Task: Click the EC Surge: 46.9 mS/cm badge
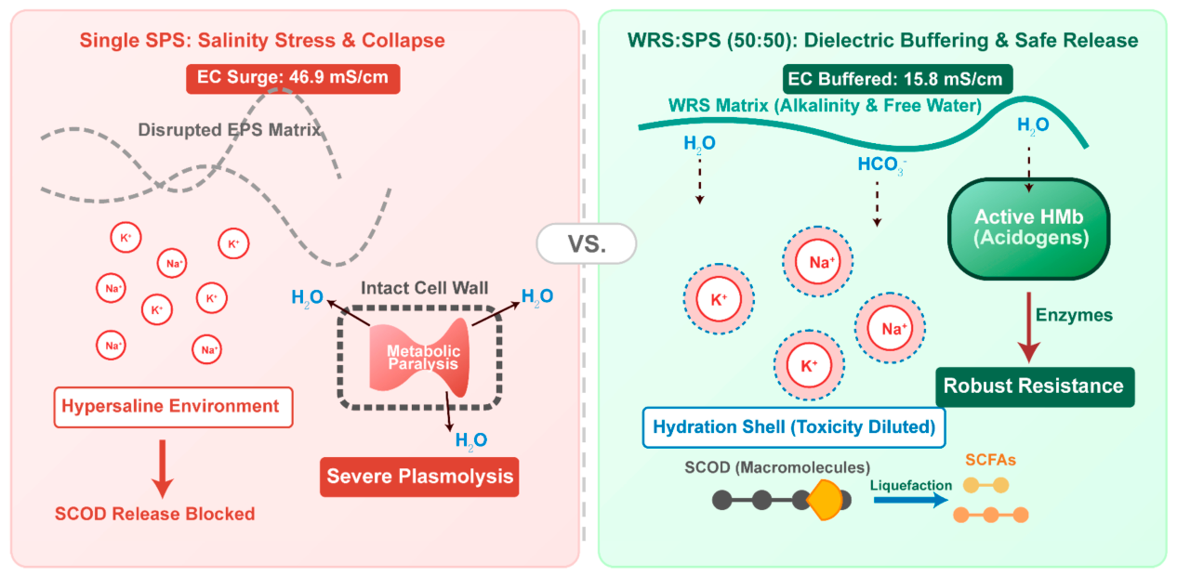coord(293,79)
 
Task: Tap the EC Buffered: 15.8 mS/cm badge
coord(897,79)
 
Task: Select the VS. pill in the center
coord(587,243)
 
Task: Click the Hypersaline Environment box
coord(174,407)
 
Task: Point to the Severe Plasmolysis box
coord(419,477)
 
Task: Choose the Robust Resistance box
coord(1035,387)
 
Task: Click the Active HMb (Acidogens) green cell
coord(1029,229)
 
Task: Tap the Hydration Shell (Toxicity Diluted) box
coord(794,427)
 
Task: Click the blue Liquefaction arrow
coord(911,500)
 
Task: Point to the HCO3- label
coord(882,164)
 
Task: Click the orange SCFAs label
coord(990,461)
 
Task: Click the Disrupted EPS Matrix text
coord(229,130)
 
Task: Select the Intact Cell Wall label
coord(425,288)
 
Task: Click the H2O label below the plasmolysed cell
coord(470,441)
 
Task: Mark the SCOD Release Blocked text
coord(155,514)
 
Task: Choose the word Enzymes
coord(1074,315)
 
